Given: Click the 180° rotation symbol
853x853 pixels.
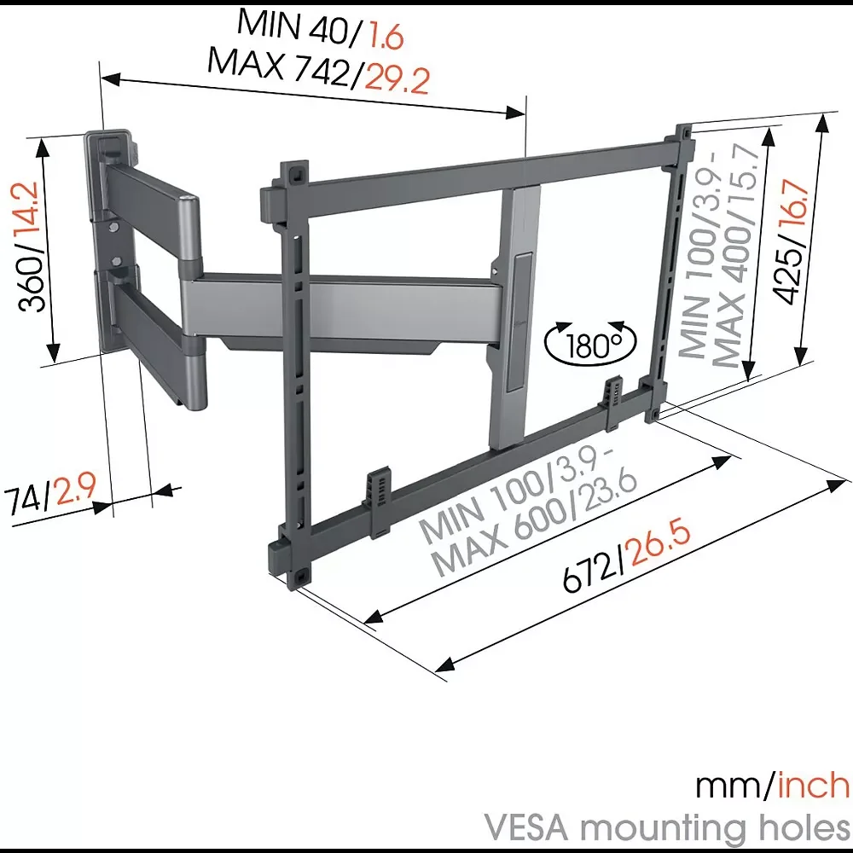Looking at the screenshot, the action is click(590, 343).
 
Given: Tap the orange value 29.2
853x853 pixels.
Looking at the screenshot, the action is click(397, 79).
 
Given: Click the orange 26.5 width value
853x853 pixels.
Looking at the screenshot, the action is click(658, 546).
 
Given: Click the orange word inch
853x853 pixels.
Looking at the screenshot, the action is click(814, 786).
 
